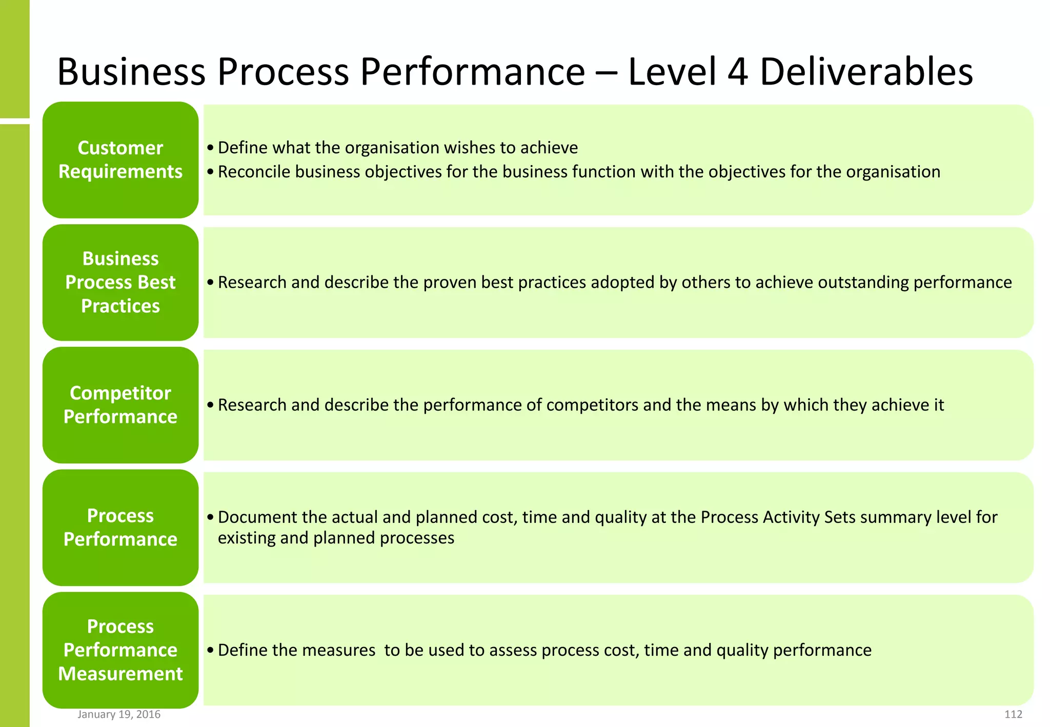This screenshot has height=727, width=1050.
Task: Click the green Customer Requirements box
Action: (120, 159)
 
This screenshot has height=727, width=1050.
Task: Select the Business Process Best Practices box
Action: (120, 282)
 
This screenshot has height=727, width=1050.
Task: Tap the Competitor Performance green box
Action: (120, 405)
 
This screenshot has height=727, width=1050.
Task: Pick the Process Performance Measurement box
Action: (120, 650)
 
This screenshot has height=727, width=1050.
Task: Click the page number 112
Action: (1013, 714)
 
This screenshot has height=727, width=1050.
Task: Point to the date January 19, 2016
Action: (119, 714)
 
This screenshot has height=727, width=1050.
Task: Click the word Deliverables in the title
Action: (866, 71)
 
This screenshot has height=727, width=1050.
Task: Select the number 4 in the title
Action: (738, 71)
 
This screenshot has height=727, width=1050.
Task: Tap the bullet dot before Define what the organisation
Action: (210, 148)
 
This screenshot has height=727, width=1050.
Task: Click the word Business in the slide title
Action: (131, 71)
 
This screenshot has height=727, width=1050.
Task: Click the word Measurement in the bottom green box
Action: (120, 674)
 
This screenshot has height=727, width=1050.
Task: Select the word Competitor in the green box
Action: (120, 393)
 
